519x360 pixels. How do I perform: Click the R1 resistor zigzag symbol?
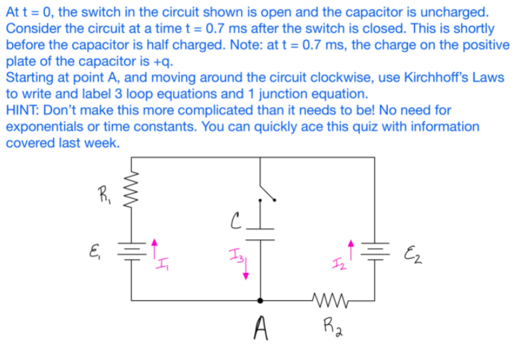(x=131, y=191)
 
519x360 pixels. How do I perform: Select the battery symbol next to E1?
(x=131, y=248)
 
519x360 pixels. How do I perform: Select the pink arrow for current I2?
(x=350, y=250)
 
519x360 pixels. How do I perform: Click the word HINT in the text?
(x=23, y=110)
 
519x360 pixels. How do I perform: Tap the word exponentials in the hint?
(x=43, y=127)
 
